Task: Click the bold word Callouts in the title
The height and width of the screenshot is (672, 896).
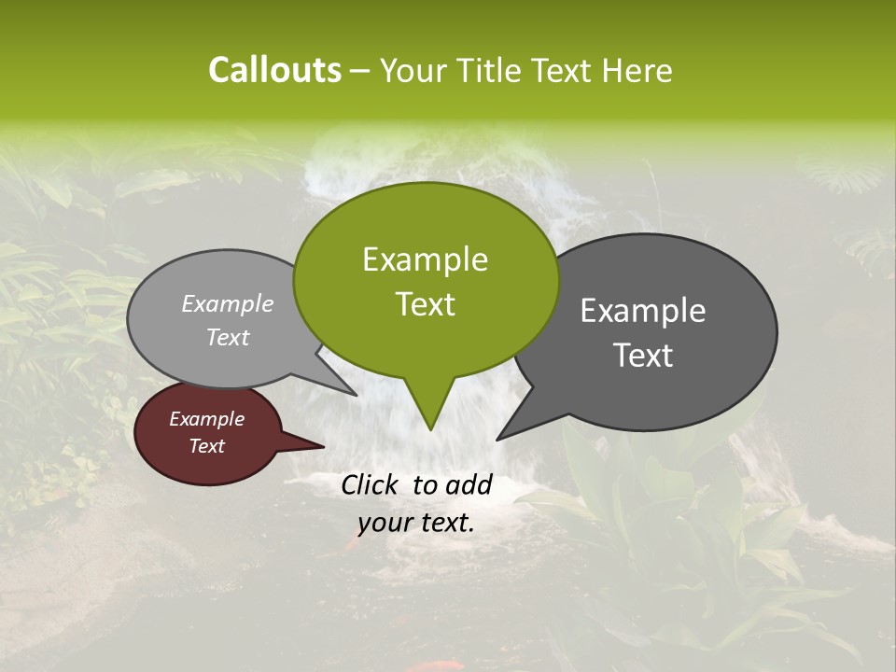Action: click(274, 70)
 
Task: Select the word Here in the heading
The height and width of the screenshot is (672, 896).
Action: click(638, 70)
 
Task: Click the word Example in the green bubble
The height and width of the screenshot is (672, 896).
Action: click(425, 259)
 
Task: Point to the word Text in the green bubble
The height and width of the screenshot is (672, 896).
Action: click(425, 304)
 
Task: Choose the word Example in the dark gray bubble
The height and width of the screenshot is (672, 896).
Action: click(643, 311)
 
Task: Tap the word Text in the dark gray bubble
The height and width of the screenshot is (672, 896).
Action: click(643, 356)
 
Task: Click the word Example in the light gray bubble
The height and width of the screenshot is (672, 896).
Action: click(227, 304)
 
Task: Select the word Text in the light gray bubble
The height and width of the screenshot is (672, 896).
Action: click(227, 337)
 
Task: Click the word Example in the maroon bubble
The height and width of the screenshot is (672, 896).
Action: click(206, 419)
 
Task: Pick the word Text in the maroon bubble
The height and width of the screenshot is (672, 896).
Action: click(206, 446)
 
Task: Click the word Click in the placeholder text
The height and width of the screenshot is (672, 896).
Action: click(371, 484)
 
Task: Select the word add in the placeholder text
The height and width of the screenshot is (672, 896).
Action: click(469, 484)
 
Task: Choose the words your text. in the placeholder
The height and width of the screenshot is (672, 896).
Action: click(415, 523)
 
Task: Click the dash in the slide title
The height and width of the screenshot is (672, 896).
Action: click(360, 70)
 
